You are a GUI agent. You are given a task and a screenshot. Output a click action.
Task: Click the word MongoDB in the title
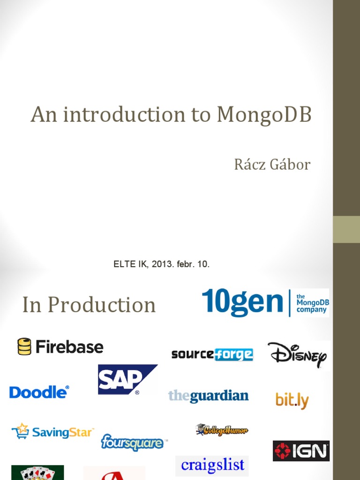pyautogui.click(x=264, y=115)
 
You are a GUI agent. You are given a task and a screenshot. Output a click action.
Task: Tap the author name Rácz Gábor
pyautogui.click(x=272, y=165)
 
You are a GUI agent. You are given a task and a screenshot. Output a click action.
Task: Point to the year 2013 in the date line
pyautogui.click(x=161, y=264)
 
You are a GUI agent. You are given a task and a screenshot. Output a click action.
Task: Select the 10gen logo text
pyautogui.click(x=242, y=302)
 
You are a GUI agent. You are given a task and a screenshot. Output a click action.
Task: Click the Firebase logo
pyautogui.click(x=61, y=347)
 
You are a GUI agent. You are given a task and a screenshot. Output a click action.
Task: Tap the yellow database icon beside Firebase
pyautogui.click(x=24, y=347)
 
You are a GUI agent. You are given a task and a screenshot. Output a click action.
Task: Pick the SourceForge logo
pyautogui.click(x=212, y=354)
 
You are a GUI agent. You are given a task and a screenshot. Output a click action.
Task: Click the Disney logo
pyautogui.click(x=297, y=355)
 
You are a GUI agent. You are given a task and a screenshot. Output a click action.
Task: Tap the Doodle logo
pyautogui.click(x=39, y=392)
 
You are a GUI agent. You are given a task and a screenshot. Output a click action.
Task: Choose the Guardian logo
pyautogui.click(x=208, y=396)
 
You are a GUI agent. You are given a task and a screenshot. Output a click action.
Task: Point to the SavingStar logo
pyautogui.click(x=53, y=431)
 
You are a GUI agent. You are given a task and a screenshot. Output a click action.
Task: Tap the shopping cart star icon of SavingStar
pyautogui.click(x=20, y=431)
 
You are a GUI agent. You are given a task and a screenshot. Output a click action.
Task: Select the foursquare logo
pyautogui.click(x=133, y=442)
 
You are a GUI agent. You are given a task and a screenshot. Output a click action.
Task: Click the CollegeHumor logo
pyautogui.click(x=222, y=429)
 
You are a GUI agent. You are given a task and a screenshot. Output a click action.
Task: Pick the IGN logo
pyautogui.click(x=301, y=451)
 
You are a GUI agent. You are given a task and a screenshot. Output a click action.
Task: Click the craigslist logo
pyautogui.click(x=212, y=465)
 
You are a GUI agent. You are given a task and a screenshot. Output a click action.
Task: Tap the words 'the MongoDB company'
pyautogui.click(x=312, y=303)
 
